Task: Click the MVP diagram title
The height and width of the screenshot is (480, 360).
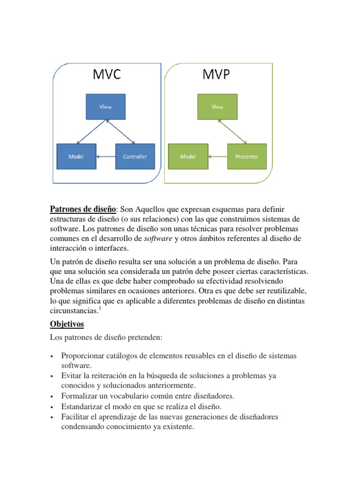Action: click(217, 75)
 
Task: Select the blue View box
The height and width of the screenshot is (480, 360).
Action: click(105, 106)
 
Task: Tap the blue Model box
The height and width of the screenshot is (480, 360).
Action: click(76, 157)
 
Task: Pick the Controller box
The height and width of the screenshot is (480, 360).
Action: click(135, 157)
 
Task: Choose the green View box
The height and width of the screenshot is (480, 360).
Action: click(217, 106)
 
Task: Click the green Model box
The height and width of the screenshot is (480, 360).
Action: click(188, 157)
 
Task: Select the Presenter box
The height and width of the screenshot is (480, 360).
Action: click(247, 157)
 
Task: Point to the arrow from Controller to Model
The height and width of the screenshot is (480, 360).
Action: click(105, 157)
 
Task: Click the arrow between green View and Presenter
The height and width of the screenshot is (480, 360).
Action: click(232, 131)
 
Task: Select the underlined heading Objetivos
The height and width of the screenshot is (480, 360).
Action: click(67, 324)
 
